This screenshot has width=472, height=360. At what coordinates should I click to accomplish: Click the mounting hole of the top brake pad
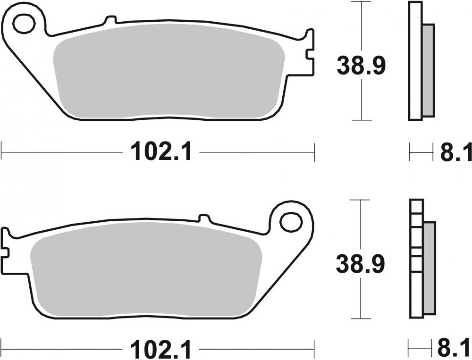[24, 23]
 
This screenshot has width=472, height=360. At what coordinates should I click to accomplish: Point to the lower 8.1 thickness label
[455, 351]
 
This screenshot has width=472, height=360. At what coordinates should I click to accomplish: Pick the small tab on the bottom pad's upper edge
[204, 218]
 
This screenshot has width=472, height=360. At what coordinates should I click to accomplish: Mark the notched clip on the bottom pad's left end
[5, 243]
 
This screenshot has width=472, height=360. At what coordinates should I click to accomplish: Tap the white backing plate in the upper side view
[415, 61]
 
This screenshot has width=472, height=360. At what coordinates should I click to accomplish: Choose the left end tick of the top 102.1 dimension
[2, 152]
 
